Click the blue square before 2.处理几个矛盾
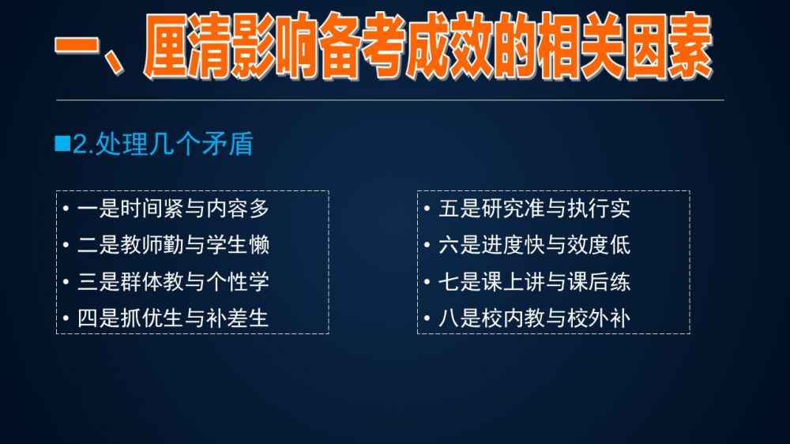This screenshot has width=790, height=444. [x=62, y=143]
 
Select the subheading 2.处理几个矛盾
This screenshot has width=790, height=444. [x=163, y=144]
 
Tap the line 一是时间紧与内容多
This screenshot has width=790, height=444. [x=173, y=209]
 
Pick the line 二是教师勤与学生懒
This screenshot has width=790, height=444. [x=173, y=245]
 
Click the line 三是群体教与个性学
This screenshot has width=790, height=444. [x=173, y=282]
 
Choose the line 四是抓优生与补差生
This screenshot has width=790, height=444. [x=173, y=318]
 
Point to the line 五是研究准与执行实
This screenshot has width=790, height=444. [x=534, y=209]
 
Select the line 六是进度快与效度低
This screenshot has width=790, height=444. [x=534, y=245]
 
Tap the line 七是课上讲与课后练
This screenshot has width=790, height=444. [x=534, y=282]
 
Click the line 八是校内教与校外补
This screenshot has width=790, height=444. [x=534, y=318]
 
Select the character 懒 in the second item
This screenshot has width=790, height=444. [x=259, y=245]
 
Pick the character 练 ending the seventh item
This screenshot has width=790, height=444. [x=619, y=282]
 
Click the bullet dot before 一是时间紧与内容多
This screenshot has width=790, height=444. [x=66, y=209]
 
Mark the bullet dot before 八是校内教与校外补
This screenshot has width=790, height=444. [x=427, y=318]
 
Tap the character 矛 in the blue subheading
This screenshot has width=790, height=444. [x=213, y=144]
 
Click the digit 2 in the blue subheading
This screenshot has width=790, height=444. [x=80, y=145]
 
